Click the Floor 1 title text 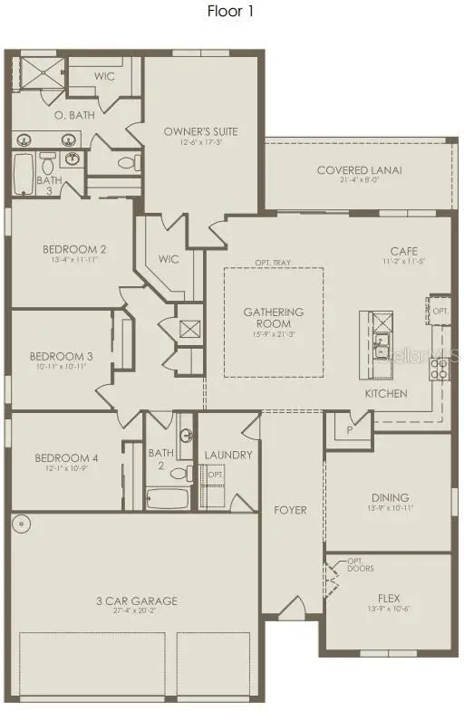[x=231, y=12]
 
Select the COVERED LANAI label [x=360, y=170]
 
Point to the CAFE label [x=403, y=251]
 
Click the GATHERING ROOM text [x=273, y=318]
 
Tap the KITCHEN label [x=386, y=394]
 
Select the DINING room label [x=390, y=497]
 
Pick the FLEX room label [x=390, y=599]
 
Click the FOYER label [x=290, y=510]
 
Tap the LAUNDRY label [x=228, y=455]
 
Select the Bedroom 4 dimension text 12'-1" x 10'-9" [x=65, y=469]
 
